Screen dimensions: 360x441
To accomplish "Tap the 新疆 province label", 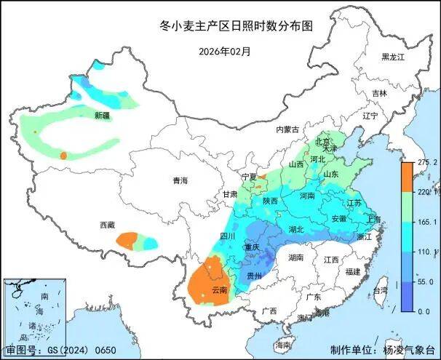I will [102, 116].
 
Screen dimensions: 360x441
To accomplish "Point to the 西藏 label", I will [107, 225].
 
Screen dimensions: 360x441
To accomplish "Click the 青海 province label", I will [180, 180].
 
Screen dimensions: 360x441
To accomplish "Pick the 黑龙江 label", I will [393, 57].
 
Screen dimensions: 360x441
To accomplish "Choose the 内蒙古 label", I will [287, 129].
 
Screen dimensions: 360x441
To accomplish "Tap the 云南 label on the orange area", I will [219, 290].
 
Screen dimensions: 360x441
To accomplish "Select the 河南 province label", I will [306, 196].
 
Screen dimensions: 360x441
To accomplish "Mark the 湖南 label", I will [295, 257].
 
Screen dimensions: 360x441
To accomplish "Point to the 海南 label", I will [283, 344].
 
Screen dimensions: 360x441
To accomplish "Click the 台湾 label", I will [380, 290].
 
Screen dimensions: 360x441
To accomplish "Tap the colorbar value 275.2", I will [426, 162].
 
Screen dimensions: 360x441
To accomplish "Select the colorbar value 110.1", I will [426, 252].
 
